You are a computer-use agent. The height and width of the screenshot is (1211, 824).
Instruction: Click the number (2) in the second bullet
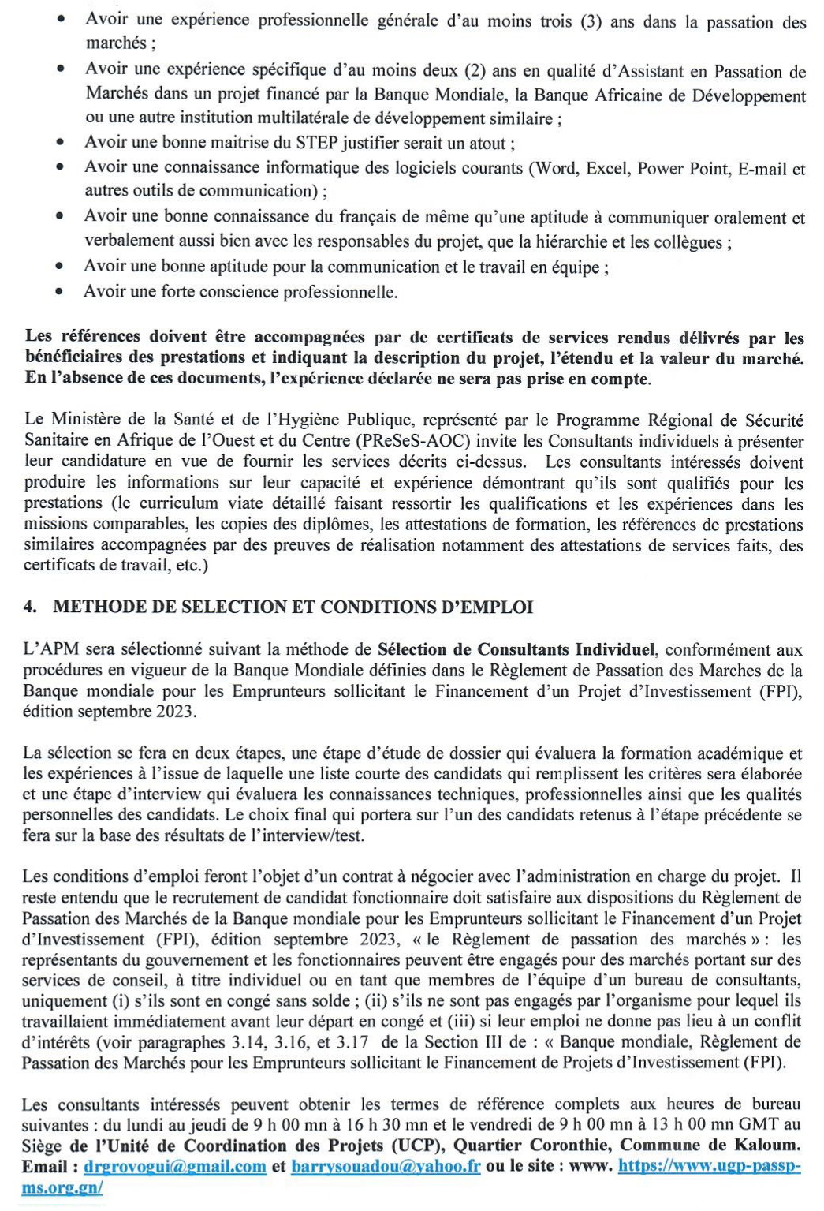(475, 71)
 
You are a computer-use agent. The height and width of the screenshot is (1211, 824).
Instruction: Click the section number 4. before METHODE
(31, 607)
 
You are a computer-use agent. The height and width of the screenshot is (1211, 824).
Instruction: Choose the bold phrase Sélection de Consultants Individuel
(516, 650)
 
